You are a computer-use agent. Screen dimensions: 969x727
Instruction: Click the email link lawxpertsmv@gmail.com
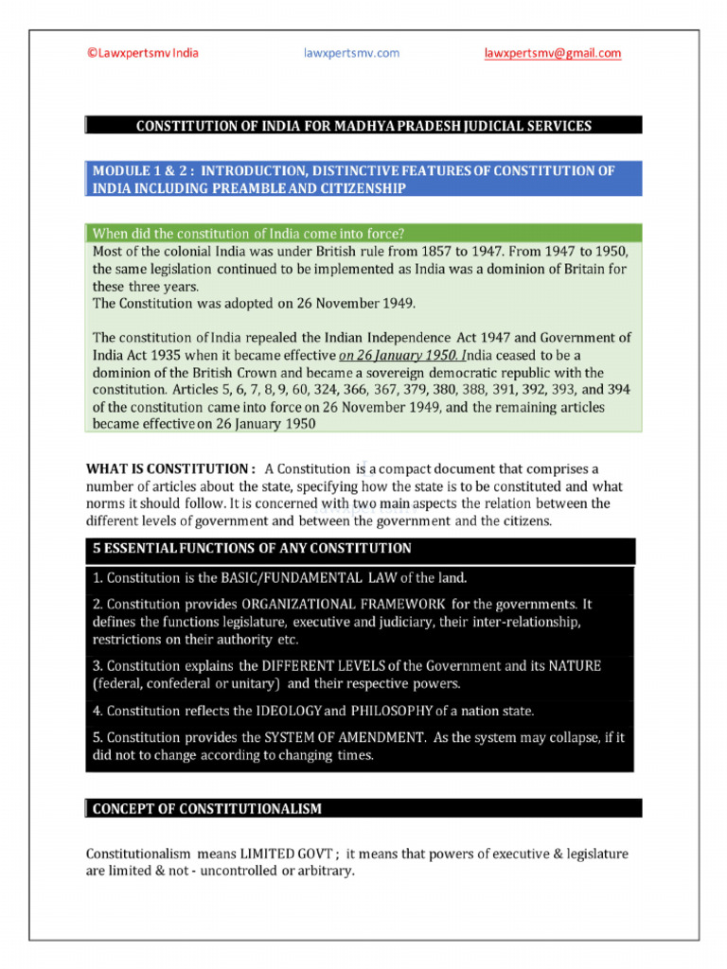[552, 53]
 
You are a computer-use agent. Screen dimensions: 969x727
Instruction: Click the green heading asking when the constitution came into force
[247, 233]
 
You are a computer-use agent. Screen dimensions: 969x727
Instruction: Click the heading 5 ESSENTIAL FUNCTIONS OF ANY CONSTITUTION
[251, 549]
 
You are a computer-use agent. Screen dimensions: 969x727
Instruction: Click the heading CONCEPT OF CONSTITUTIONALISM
[206, 809]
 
